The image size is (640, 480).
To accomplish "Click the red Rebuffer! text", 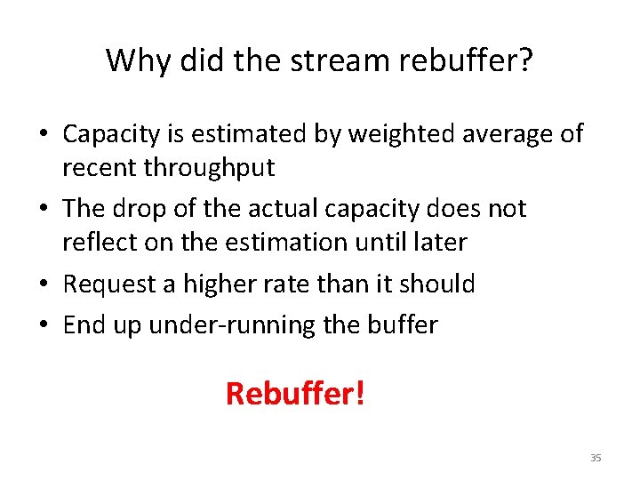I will tap(295, 392).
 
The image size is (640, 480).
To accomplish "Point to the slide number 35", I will tap(596, 458).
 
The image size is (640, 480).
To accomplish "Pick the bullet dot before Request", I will tap(43, 284).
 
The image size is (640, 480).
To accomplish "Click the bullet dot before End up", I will tap(43, 325).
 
